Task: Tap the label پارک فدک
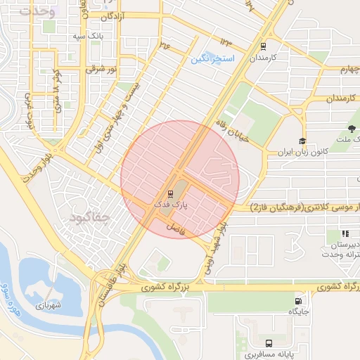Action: [169, 203]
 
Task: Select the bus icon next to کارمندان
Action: [263, 47]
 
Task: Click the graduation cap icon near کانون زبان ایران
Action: [302, 140]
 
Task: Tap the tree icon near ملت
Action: [351, 128]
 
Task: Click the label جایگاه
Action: [300, 312]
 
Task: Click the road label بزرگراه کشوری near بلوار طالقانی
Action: [166, 288]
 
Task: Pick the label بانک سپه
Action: [91, 34]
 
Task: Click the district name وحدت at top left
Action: [37, 11]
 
